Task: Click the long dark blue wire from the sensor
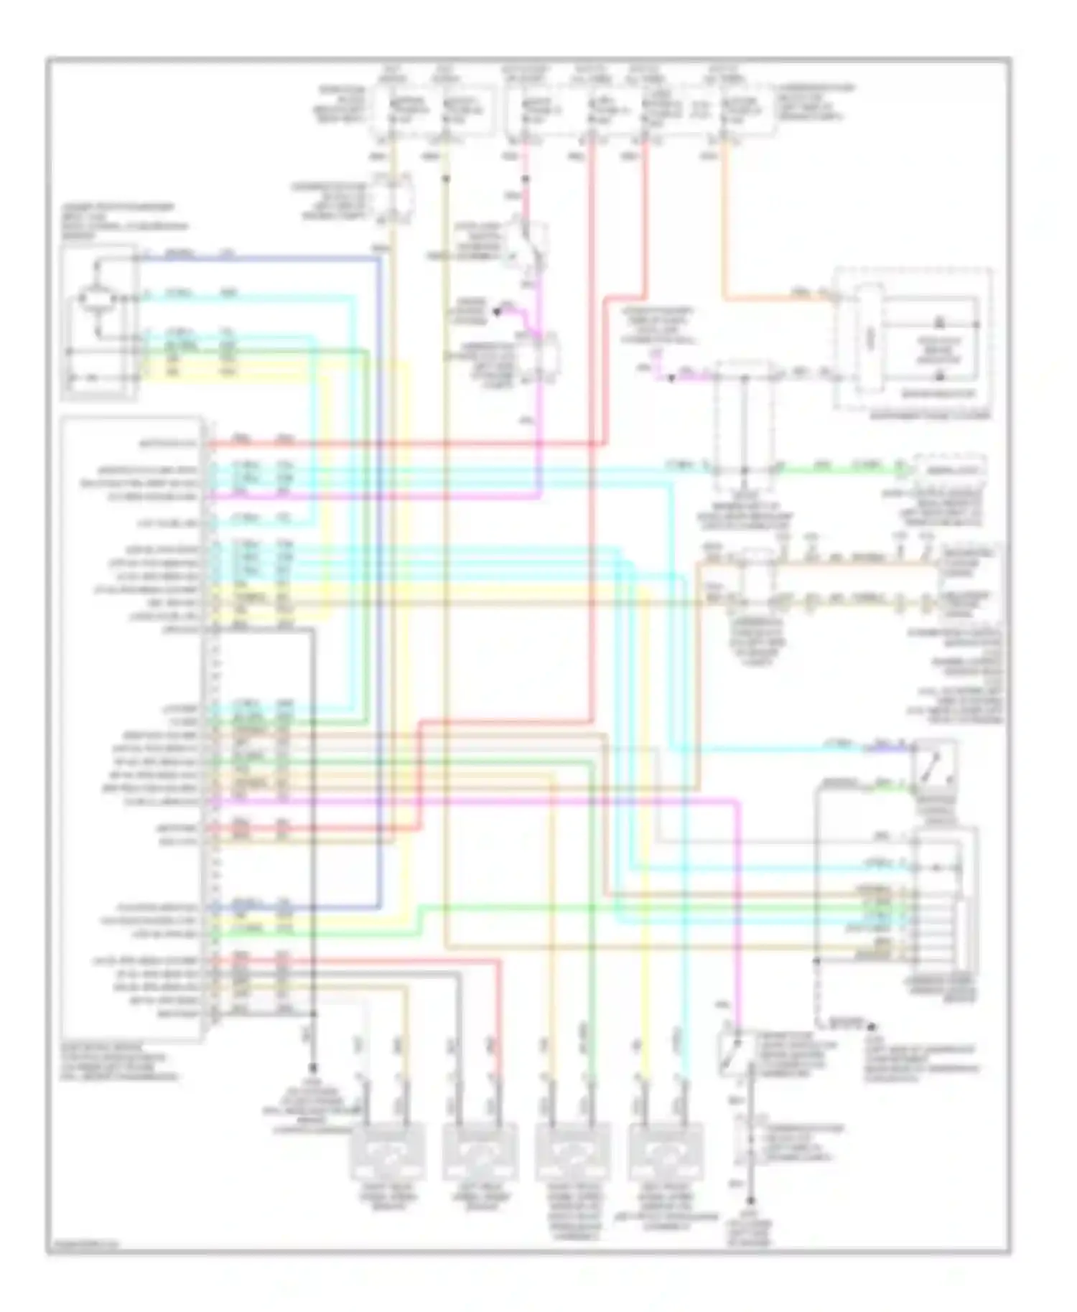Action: (x=378, y=574)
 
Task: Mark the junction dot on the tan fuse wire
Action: (x=446, y=177)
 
